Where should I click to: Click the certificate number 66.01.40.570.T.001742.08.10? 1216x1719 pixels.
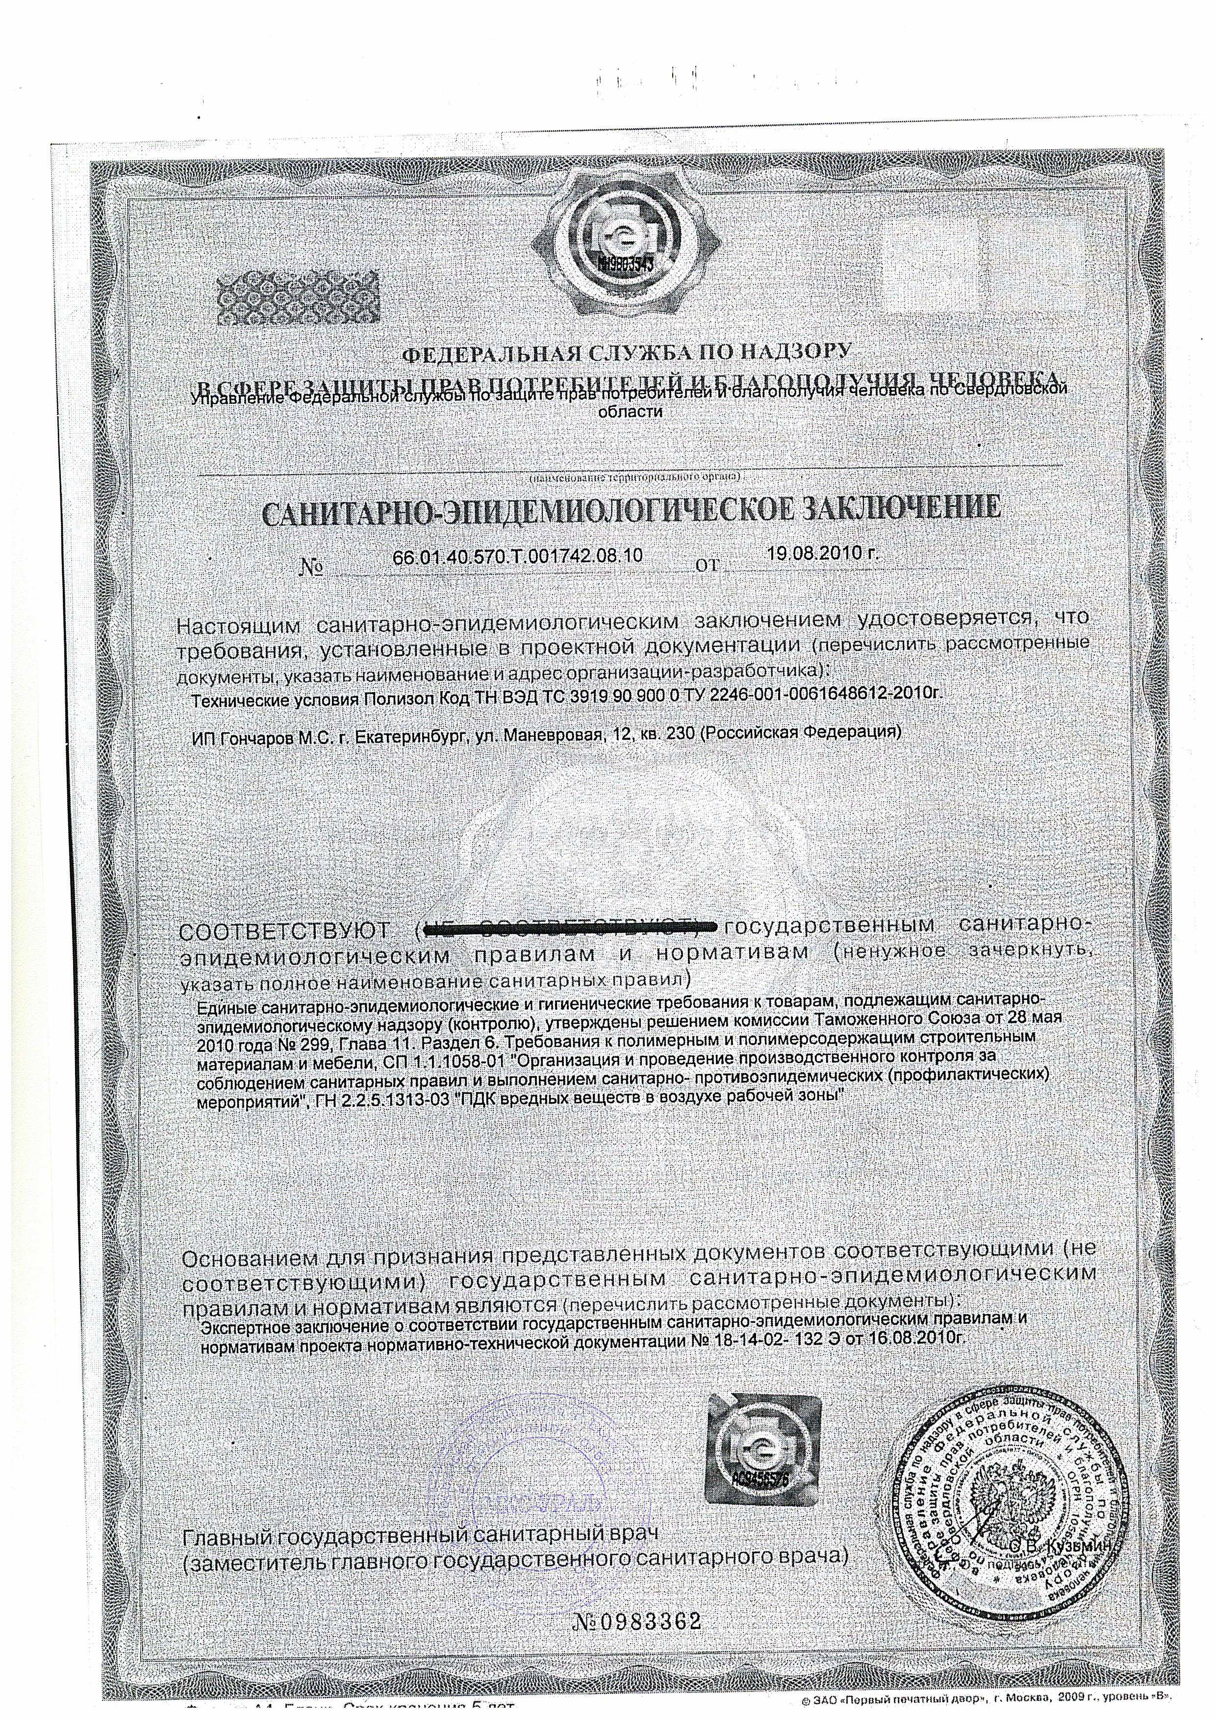tap(517, 556)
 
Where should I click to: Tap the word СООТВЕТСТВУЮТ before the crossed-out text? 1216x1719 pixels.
tap(294, 932)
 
